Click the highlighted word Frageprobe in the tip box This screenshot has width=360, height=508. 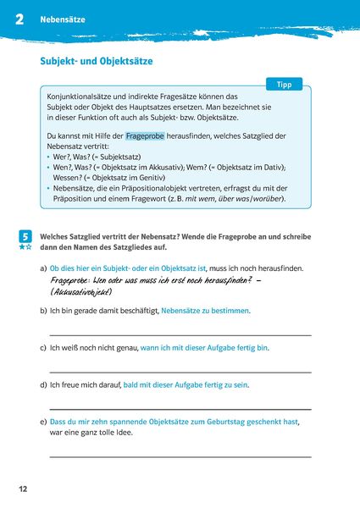(145, 135)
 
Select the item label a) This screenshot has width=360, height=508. (43, 268)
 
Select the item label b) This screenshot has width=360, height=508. (43, 311)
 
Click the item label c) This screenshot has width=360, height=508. (43, 348)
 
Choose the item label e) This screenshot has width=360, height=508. (43, 421)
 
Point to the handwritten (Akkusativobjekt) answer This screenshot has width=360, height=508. (81, 291)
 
